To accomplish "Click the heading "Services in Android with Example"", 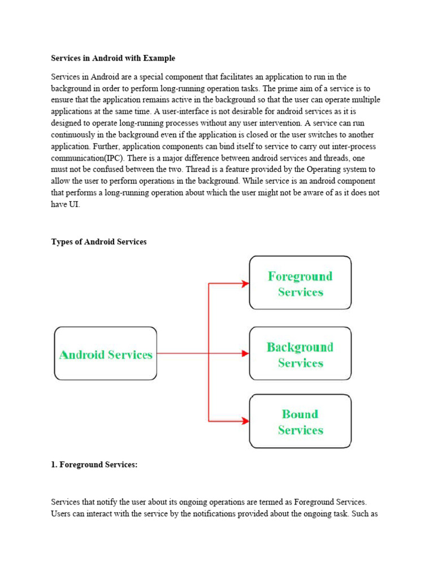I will pos(113,58).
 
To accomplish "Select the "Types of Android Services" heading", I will pos(99,241).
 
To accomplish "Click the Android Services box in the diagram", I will pos(106,353).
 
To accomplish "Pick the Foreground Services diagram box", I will pos(300,283).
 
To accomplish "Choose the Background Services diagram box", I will pos(300,353).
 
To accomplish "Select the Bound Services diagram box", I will pos(300,421).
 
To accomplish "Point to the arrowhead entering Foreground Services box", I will pos(245,283).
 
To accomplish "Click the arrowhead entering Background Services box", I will pos(245,353).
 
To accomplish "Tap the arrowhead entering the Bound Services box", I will pos(245,420).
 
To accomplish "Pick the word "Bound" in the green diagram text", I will pos(300,414).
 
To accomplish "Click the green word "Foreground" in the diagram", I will pos(300,276).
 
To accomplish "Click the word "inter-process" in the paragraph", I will pos(335,146).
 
